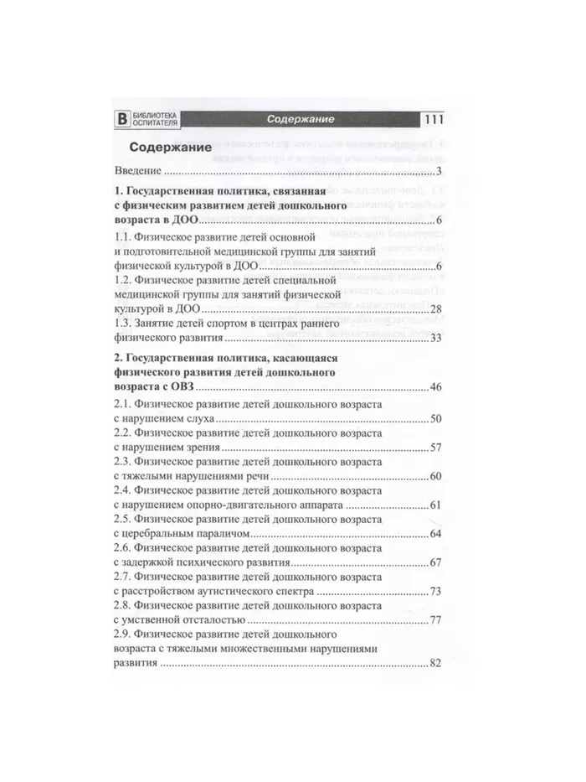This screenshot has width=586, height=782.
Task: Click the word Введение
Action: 139,172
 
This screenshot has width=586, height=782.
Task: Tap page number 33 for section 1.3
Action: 434,339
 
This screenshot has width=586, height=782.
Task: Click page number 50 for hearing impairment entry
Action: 434,417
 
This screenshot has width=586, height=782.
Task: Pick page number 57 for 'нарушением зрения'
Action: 434,448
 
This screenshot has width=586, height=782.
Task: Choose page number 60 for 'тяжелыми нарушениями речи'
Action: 434,477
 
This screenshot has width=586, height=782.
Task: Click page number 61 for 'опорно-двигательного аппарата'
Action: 434,506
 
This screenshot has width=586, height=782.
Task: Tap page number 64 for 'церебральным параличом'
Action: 434,535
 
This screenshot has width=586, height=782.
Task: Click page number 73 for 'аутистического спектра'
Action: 434,593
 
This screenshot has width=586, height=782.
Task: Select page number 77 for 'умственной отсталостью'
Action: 434,621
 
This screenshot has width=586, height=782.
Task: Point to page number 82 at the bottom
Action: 434,664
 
